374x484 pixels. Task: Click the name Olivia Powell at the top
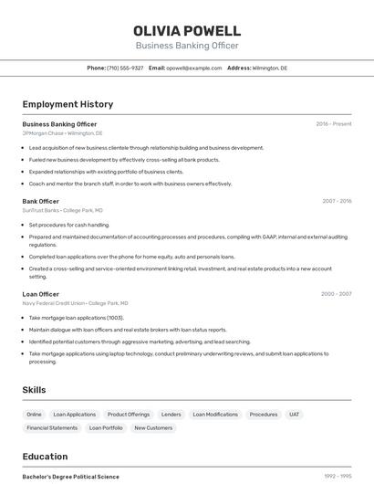tap(187, 30)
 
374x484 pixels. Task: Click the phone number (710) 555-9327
tap(125, 68)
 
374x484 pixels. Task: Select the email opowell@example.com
tap(194, 68)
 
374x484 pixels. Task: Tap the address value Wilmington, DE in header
tap(270, 68)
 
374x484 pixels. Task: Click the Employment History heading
tap(68, 104)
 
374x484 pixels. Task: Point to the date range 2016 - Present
tap(334, 124)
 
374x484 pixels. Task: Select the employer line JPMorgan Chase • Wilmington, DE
tap(62, 133)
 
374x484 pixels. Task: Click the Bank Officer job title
tap(41, 201)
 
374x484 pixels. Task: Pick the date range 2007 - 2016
tap(336, 201)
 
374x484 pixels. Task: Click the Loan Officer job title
tap(41, 294)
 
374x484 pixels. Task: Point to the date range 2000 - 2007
tap(336, 294)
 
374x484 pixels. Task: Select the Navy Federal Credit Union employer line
tap(75, 303)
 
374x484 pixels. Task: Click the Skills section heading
tap(35, 390)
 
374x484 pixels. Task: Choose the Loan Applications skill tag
tap(74, 415)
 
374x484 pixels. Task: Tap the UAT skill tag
tap(294, 415)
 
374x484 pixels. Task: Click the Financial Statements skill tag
tap(52, 427)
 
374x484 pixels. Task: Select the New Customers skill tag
tap(153, 427)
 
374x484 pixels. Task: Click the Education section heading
tap(45, 457)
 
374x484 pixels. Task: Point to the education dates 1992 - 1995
tap(338, 477)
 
